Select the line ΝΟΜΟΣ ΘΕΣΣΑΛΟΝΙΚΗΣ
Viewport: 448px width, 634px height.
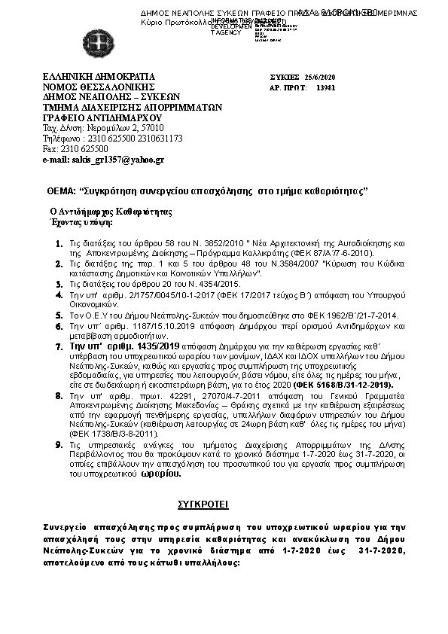(x=93, y=87)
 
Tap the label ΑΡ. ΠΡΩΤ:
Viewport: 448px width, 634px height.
(x=288, y=88)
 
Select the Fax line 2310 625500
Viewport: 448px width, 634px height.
(x=73, y=149)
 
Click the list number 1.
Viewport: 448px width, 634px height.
(x=58, y=245)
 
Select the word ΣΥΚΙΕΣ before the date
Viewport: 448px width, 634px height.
(x=285, y=78)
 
